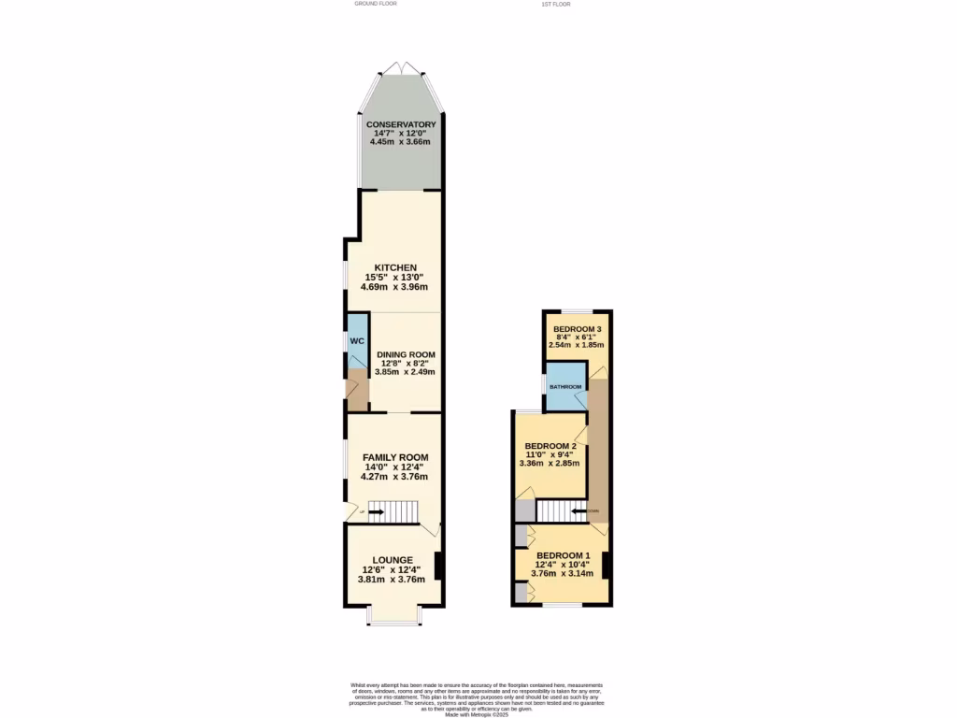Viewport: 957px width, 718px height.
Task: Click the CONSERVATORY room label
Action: pos(401,124)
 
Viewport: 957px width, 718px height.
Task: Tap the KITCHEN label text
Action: pos(395,267)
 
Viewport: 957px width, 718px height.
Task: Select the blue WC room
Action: pos(357,342)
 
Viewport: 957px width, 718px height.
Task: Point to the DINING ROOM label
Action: pos(406,354)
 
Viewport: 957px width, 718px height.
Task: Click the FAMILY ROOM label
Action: pos(395,457)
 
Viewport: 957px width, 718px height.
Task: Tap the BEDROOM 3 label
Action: pos(577,329)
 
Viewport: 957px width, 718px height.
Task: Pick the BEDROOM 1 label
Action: pos(563,555)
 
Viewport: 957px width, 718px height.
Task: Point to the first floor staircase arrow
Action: pos(578,510)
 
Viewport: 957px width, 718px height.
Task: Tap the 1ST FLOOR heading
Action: pos(555,4)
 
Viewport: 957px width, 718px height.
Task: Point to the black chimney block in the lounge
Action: pos(439,566)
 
